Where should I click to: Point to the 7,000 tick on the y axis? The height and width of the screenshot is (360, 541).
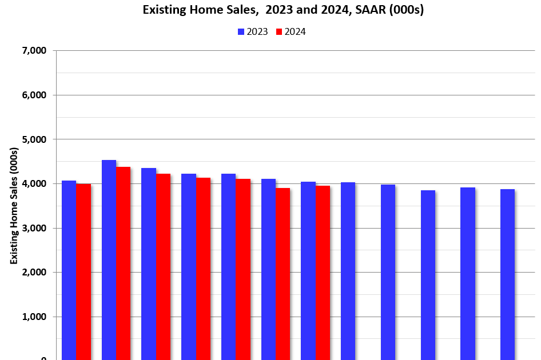[x=34, y=51]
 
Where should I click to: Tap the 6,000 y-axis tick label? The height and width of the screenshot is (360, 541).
[x=34, y=95]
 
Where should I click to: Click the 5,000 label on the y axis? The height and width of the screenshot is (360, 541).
[x=34, y=139]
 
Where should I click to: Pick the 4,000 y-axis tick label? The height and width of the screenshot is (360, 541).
[x=34, y=184]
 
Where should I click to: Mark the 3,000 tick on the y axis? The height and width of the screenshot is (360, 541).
[x=34, y=228]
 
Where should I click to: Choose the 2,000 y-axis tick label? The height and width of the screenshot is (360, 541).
[x=34, y=273]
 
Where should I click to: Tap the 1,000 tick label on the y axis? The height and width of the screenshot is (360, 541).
[x=34, y=317]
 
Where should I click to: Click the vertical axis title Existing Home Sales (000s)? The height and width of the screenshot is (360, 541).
[x=14, y=206]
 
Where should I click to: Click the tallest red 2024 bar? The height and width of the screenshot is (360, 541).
[x=124, y=263]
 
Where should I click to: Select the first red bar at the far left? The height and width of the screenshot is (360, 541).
[x=83, y=272]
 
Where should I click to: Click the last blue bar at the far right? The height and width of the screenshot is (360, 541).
[x=507, y=274]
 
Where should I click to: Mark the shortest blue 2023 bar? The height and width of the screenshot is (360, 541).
[x=428, y=275]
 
